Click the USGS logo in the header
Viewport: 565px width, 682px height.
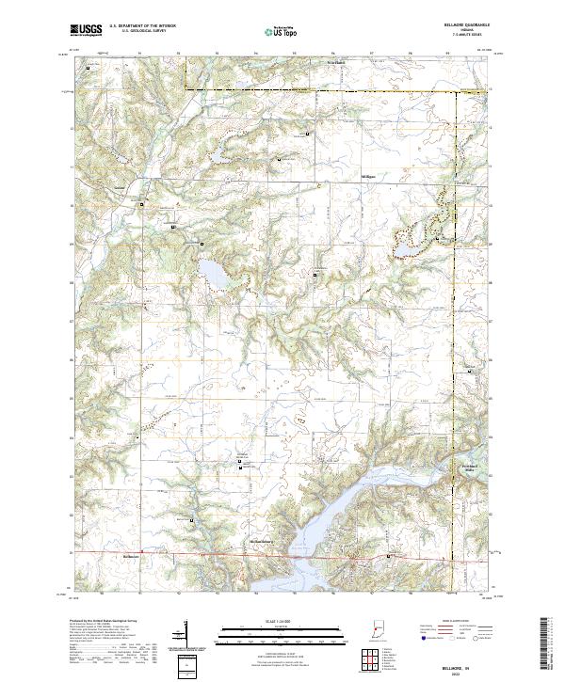86,30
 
